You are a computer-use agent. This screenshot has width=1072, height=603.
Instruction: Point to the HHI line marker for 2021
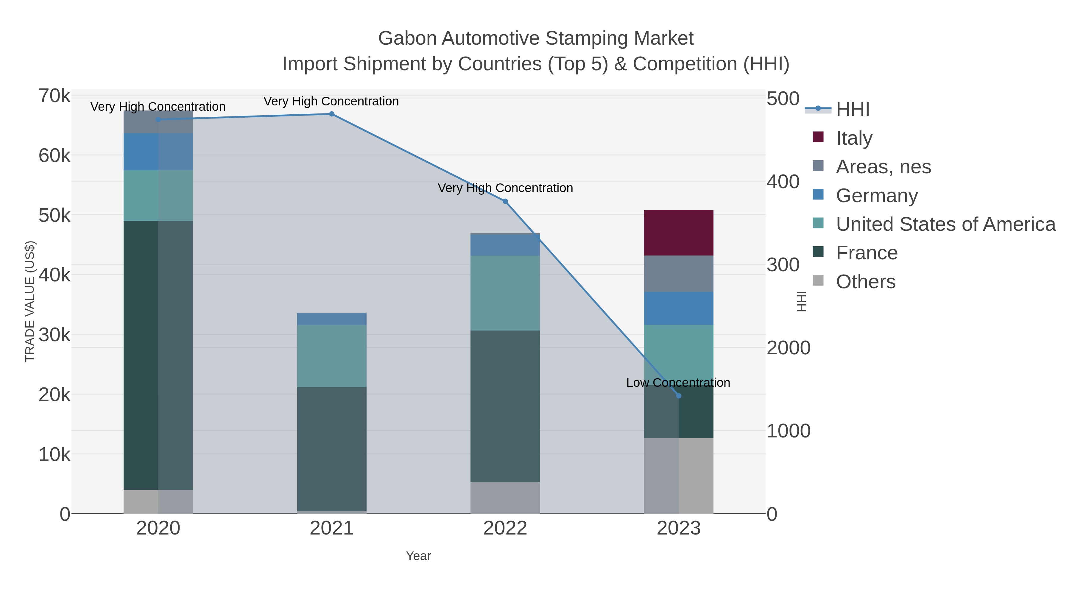tap(332, 114)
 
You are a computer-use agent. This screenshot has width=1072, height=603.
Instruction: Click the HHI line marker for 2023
tap(679, 396)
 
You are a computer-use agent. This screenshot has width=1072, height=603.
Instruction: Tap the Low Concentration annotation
tap(678, 382)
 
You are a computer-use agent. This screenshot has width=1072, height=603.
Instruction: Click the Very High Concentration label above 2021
tap(331, 101)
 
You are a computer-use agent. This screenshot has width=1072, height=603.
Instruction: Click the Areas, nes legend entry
tap(883, 166)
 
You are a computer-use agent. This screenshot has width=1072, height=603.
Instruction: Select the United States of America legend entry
tap(945, 224)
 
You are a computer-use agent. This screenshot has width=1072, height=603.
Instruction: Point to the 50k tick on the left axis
tap(54, 216)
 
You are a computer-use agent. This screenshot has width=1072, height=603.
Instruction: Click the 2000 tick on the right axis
tap(788, 348)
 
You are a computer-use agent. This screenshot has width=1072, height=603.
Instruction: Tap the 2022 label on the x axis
tap(505, 528)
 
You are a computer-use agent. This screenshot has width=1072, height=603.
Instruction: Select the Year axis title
tap(418, 556)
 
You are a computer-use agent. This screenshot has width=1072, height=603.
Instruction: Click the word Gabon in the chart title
tap(407, 38)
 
